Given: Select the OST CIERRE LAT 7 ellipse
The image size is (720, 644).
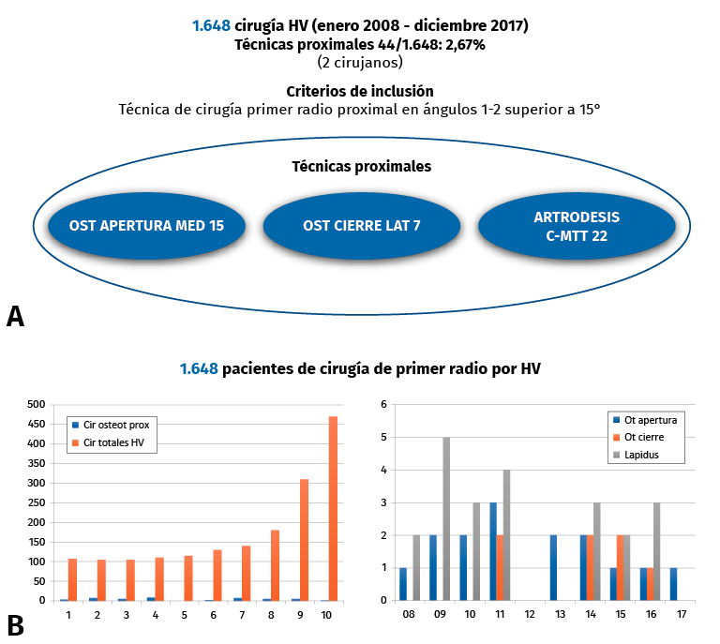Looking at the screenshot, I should click(361, 225).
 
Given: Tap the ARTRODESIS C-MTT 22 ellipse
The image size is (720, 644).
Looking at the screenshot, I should click(577, 226).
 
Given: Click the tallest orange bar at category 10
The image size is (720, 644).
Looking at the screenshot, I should click(334, 508).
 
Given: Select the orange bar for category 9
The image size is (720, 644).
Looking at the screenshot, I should click(305, 539).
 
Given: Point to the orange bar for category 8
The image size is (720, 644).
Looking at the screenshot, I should click(276, 565).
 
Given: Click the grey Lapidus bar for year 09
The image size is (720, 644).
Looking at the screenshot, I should click(446, 518).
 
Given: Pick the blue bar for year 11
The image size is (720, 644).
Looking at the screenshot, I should click(493, 551).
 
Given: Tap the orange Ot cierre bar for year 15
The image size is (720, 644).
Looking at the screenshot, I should click(621, 567).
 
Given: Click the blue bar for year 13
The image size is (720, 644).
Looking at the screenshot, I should click(553, 567).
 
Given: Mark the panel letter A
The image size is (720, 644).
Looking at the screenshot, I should click(15, 316).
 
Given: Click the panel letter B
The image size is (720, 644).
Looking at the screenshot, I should click(15, 623).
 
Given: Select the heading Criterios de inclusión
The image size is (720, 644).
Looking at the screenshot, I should click(360, 91).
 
